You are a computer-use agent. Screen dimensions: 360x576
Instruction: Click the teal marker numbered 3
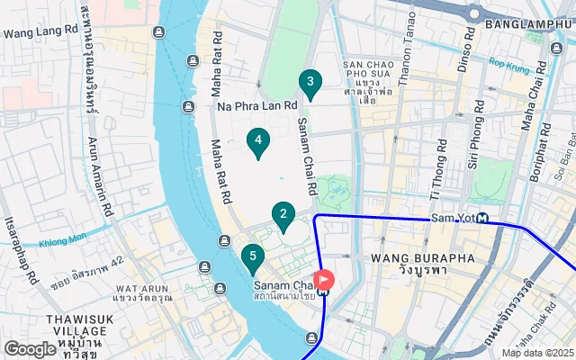(310, 85)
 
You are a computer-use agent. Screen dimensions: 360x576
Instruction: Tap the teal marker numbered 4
(258, 141)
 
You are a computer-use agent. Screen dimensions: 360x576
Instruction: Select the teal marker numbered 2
(283, 215)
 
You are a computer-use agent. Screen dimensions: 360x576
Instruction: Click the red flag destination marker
(322, 281)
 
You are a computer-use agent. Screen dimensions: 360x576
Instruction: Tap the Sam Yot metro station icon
(483, 218)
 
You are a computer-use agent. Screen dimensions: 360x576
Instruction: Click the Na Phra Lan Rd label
(256, 105)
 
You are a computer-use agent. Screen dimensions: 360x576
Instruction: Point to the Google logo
(30, 348)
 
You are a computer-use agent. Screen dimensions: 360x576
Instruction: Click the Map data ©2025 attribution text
(537, 353)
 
